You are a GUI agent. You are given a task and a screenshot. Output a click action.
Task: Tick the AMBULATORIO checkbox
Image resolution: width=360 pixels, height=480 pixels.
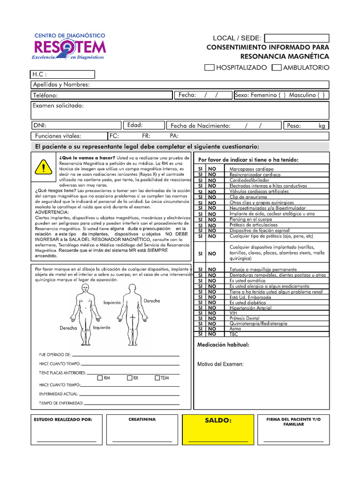(x=277, y=67)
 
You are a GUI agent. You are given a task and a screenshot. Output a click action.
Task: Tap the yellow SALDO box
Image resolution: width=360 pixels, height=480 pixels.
(x=218, y=429)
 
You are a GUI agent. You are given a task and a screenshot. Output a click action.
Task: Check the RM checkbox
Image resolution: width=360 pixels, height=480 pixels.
(x=100, y=378)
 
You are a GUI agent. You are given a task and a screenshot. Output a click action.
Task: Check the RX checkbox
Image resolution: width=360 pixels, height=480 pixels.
(x=129, y=378)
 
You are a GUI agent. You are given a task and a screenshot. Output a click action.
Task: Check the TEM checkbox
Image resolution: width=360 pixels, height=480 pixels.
(x=157, y=378)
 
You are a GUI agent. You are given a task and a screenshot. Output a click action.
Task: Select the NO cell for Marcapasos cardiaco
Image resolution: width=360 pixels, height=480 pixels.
(x=212, y=169)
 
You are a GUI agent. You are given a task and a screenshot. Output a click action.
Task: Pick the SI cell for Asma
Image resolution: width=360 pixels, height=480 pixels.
(x=200, y=329)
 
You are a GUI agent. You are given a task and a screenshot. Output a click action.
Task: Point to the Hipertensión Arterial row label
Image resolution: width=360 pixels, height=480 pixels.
(x=250, y=308)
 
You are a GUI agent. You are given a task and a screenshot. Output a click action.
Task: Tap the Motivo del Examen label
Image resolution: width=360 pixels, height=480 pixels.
(x=220, y=364)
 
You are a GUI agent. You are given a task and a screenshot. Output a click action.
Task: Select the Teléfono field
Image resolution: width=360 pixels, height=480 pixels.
(x=101, y=96)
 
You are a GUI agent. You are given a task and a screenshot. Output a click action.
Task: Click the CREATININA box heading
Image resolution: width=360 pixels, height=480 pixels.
(x=142, y=419)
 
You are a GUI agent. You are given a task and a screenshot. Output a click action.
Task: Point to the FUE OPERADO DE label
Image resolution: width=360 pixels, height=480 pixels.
(x=55, y=355)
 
